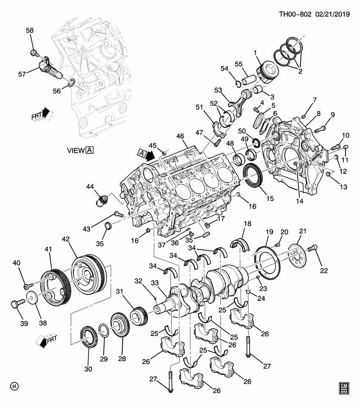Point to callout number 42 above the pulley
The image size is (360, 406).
66,239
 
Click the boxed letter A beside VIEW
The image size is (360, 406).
89,150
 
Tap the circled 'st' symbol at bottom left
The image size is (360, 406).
14,386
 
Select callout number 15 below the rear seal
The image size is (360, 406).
269,198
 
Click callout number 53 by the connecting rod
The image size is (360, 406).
218,90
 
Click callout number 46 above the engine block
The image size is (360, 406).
180,136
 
